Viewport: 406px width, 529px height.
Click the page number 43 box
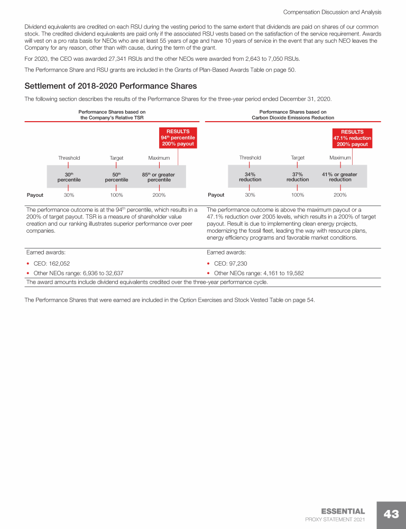pos(391,515)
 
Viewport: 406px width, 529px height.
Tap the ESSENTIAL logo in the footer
pos(343,511)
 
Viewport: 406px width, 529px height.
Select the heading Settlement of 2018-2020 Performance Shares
pos(111,86)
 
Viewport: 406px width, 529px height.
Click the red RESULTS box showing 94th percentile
pos(178,138)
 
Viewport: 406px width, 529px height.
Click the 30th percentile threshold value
pos(69,177)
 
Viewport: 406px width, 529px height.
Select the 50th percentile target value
pos(116,177)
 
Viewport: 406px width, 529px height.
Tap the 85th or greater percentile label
pos(159,177)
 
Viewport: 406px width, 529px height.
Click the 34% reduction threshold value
pos(250,177)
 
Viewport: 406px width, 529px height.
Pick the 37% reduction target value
pos(298,177)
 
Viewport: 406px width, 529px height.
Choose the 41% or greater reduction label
pos(340,177)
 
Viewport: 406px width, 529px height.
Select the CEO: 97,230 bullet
pos(230,263)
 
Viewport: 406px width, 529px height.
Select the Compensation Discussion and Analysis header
pos(333,12)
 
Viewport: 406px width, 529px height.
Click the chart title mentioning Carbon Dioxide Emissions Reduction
pos(293,115)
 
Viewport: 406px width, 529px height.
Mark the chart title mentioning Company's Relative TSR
pos(112,115)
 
